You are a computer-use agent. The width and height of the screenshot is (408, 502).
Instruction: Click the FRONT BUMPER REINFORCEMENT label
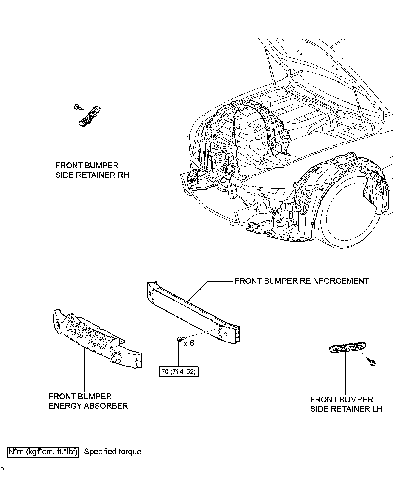301,281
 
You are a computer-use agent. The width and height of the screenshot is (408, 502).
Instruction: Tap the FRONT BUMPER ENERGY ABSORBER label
88,401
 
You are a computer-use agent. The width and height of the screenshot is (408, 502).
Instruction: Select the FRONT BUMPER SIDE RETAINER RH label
92,170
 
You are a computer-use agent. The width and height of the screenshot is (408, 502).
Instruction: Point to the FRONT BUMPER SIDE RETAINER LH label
346,404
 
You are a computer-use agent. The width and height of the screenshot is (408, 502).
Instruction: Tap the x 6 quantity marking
189,343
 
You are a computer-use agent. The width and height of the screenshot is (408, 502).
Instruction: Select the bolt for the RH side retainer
77,107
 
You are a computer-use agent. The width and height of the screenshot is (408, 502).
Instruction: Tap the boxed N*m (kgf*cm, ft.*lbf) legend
43,452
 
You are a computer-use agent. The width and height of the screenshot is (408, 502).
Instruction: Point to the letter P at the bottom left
2,470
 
